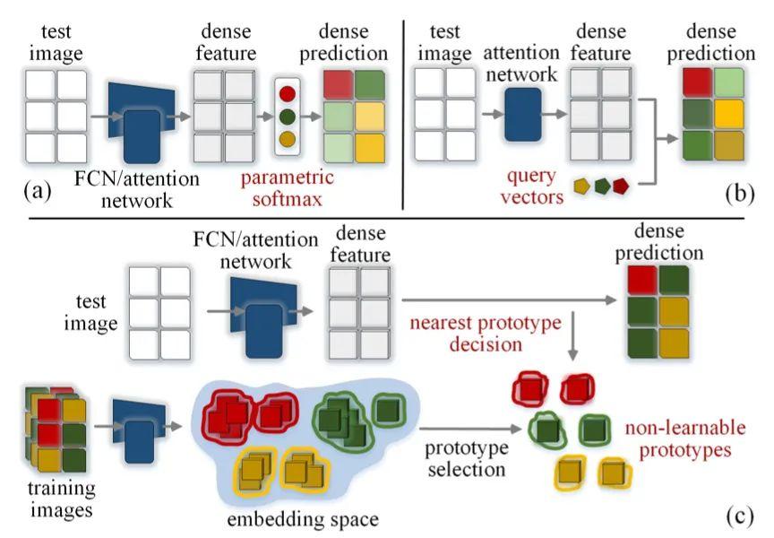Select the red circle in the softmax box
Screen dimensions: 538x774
[288, 92]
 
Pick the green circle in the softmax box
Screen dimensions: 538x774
[288, 116]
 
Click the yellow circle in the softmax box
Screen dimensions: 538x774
[288, 139]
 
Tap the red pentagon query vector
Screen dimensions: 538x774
[619, 186]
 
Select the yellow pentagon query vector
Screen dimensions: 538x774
[581, 186]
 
